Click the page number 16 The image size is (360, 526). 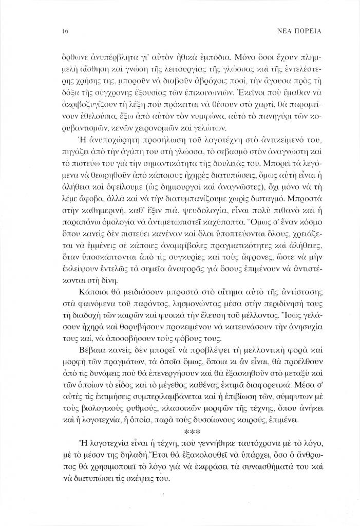[65, 30]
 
